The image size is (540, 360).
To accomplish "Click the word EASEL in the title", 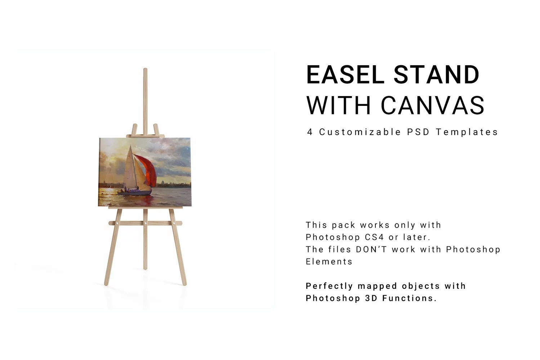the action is pyautogui.click(x=345, y=75).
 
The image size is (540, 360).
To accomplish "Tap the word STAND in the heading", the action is pyautogui.click(x=437, y=75).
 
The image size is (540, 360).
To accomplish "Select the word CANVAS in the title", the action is pyautogui.click(x=433, y=105).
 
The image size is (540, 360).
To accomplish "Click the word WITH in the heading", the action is pyautogui.click(x=339, y=105).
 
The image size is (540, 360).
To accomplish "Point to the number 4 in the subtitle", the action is pyautogui.click(x=310, y=132).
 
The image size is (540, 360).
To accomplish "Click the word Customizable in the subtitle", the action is pyautogui.click(x=360, y=132).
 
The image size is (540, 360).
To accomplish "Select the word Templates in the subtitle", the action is pyautogui.click(x=467, y=132).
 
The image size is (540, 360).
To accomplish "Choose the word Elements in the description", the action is pyautogui.click(x=329, y=262).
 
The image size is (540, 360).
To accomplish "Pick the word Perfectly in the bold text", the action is pyautogui.click(x=329, y=286).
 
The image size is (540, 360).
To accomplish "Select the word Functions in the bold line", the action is pyautogui.click(x=409, y=298).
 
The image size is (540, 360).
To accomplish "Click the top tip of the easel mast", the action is pyautogui.click(x=146, y=69).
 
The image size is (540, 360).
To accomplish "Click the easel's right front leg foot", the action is pyautogui.click(x=184, y=284).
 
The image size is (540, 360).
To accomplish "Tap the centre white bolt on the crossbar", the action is pyautogui.click(x=146, y=224).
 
